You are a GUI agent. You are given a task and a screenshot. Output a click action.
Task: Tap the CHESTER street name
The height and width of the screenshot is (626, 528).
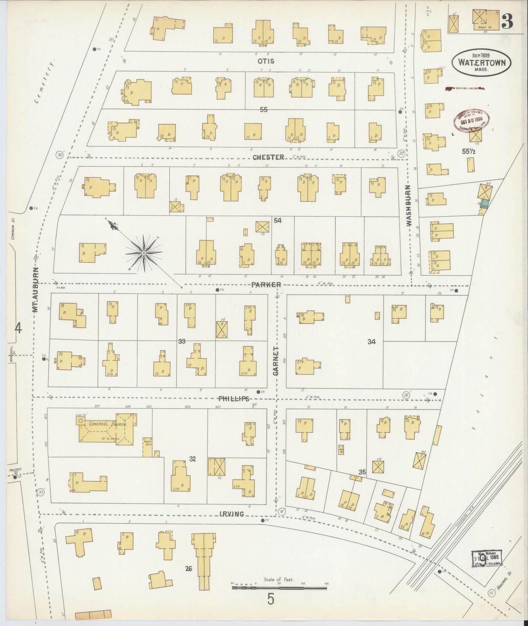[268, 157]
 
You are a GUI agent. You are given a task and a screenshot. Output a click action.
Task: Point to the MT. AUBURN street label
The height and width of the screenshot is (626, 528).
[35, 291]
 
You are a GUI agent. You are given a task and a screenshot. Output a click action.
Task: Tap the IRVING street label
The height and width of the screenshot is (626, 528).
[232, 514]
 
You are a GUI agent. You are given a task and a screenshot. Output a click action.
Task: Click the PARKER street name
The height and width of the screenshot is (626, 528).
[266, 285]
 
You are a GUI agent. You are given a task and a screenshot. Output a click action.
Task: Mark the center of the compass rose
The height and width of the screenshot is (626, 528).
[144, 253]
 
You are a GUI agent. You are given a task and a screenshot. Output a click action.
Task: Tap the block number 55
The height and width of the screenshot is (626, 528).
[263, 109]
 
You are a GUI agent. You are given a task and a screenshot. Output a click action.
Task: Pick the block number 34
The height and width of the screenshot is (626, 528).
[372, 342]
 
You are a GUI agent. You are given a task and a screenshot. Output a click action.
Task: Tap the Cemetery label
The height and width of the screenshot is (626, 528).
[45, 81]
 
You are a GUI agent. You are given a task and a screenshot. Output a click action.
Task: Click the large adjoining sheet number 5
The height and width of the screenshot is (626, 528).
[270, 599]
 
